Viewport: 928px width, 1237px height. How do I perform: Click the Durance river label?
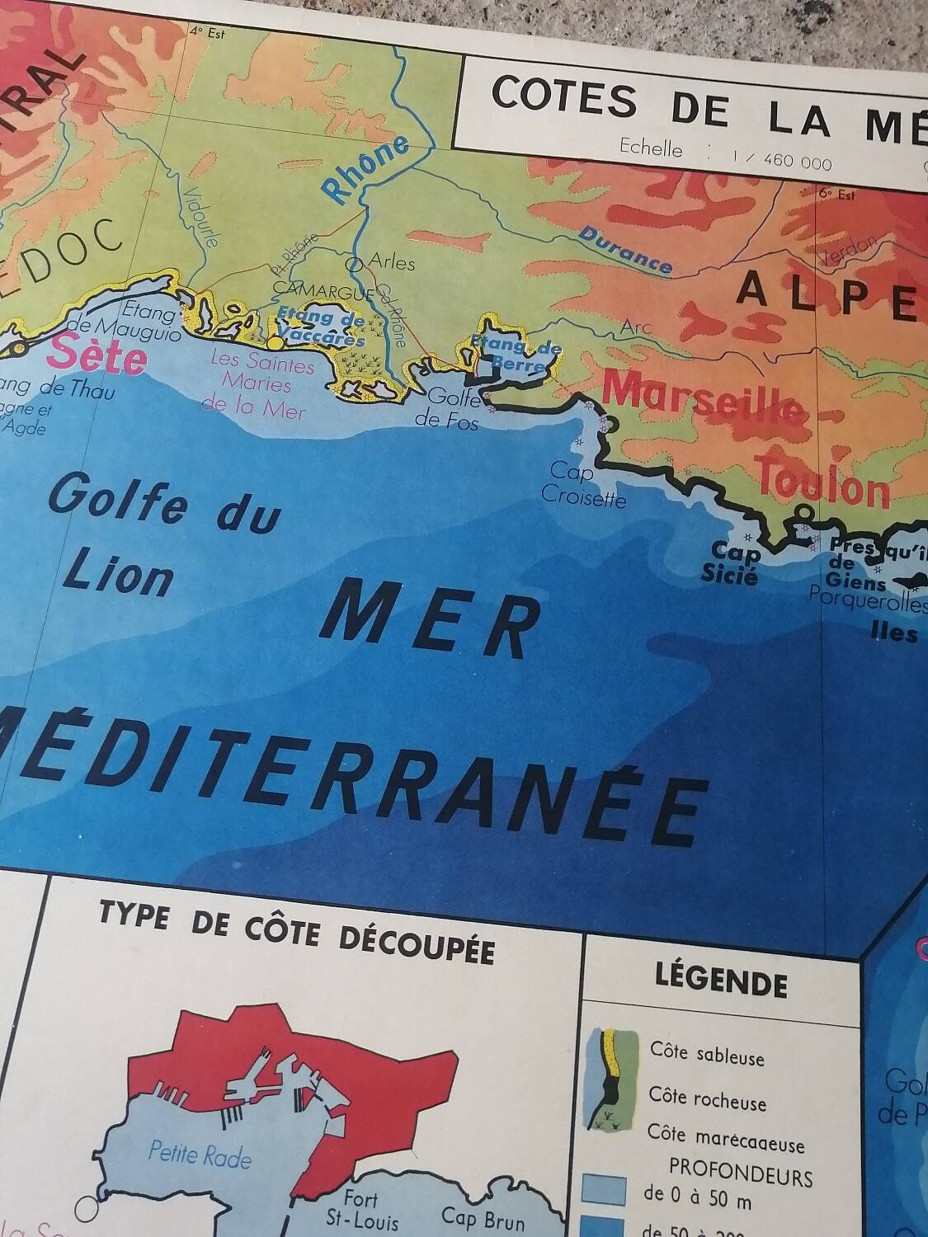click(624, 249)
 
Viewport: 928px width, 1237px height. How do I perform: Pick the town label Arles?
click(391, 262)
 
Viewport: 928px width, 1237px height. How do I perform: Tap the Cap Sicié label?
click(730, 562)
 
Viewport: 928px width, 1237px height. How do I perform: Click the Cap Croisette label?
click(582, 485)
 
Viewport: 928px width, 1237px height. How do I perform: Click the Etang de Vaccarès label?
click(320, 327)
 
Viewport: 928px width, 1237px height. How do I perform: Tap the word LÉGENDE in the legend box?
click(721, 983)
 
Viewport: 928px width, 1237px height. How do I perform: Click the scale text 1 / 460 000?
click(781, 160)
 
